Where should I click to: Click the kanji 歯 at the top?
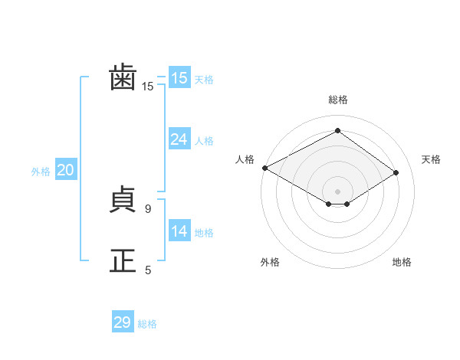(123, 77)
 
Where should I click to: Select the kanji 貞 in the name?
(123, 199)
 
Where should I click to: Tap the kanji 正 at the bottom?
(123, 260)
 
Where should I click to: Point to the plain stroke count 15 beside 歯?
(147, 87)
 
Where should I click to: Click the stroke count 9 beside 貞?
(148, 209)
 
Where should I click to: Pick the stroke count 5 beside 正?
(148, 270)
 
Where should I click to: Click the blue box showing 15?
(179, 77)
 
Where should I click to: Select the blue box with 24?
(179, 139)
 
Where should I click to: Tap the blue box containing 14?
(179, 230)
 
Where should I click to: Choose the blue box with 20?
(66, 169)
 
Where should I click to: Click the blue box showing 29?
(123, 321)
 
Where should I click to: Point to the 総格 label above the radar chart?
(338, 100)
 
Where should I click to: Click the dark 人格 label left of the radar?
(245, 159)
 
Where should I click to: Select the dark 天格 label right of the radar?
(431, 159)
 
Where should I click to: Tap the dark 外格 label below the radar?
(270, 262)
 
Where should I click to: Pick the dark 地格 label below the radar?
(402, 262)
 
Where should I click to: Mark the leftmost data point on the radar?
(265, 168)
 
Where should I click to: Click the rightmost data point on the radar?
(396, 172)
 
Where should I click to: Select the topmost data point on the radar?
(337, 130)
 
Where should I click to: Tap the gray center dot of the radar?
(337, 191)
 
